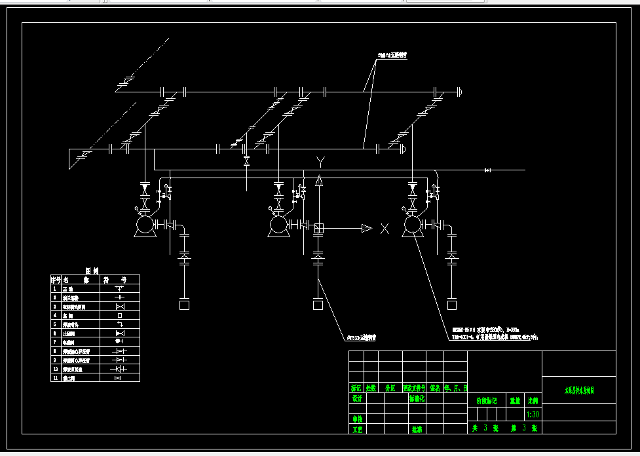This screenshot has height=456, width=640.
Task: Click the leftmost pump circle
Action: [x=143, y=226]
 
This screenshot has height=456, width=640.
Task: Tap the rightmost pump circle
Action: [x=412, y=226]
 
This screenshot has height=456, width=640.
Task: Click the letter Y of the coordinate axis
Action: [x=320, y=161]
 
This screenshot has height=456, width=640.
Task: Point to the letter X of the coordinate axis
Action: [x=385, y=229]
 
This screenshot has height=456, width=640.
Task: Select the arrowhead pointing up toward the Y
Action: [x=319, y=181]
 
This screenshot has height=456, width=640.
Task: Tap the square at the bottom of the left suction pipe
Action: [x=184, y=305]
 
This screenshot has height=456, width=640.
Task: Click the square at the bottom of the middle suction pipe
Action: [x=318, y=305]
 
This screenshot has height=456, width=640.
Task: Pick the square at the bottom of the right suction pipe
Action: [x=451, y=305]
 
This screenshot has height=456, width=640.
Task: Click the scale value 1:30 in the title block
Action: [x=533, y=415]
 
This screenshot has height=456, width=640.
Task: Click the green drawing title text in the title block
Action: [x=579, y=390]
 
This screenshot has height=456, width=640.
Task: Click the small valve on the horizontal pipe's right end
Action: [x=487, y=170]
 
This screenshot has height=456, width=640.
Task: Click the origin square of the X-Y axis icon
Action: [x=319, y=228]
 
